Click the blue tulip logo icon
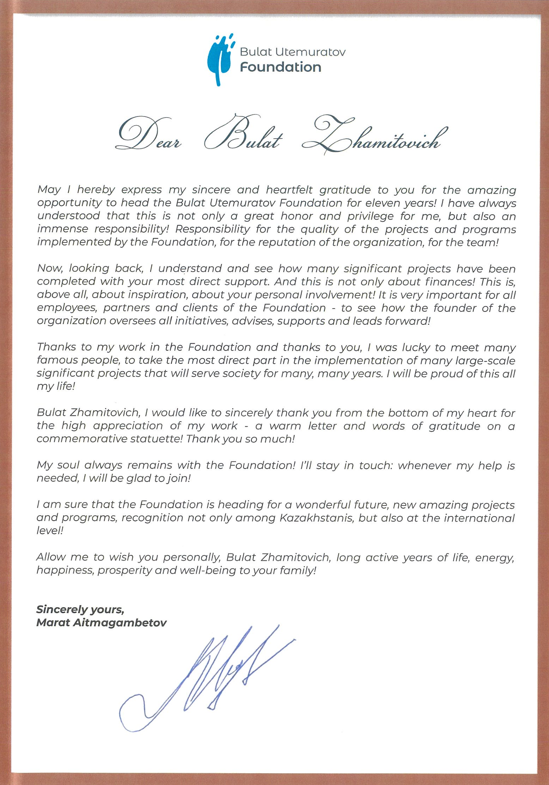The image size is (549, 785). [219, 60]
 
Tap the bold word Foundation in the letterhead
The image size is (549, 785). [280, 67]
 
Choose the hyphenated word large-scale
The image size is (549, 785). [485, 361]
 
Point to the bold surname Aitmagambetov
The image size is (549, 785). [119, 622]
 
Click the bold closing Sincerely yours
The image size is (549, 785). [80, 609]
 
